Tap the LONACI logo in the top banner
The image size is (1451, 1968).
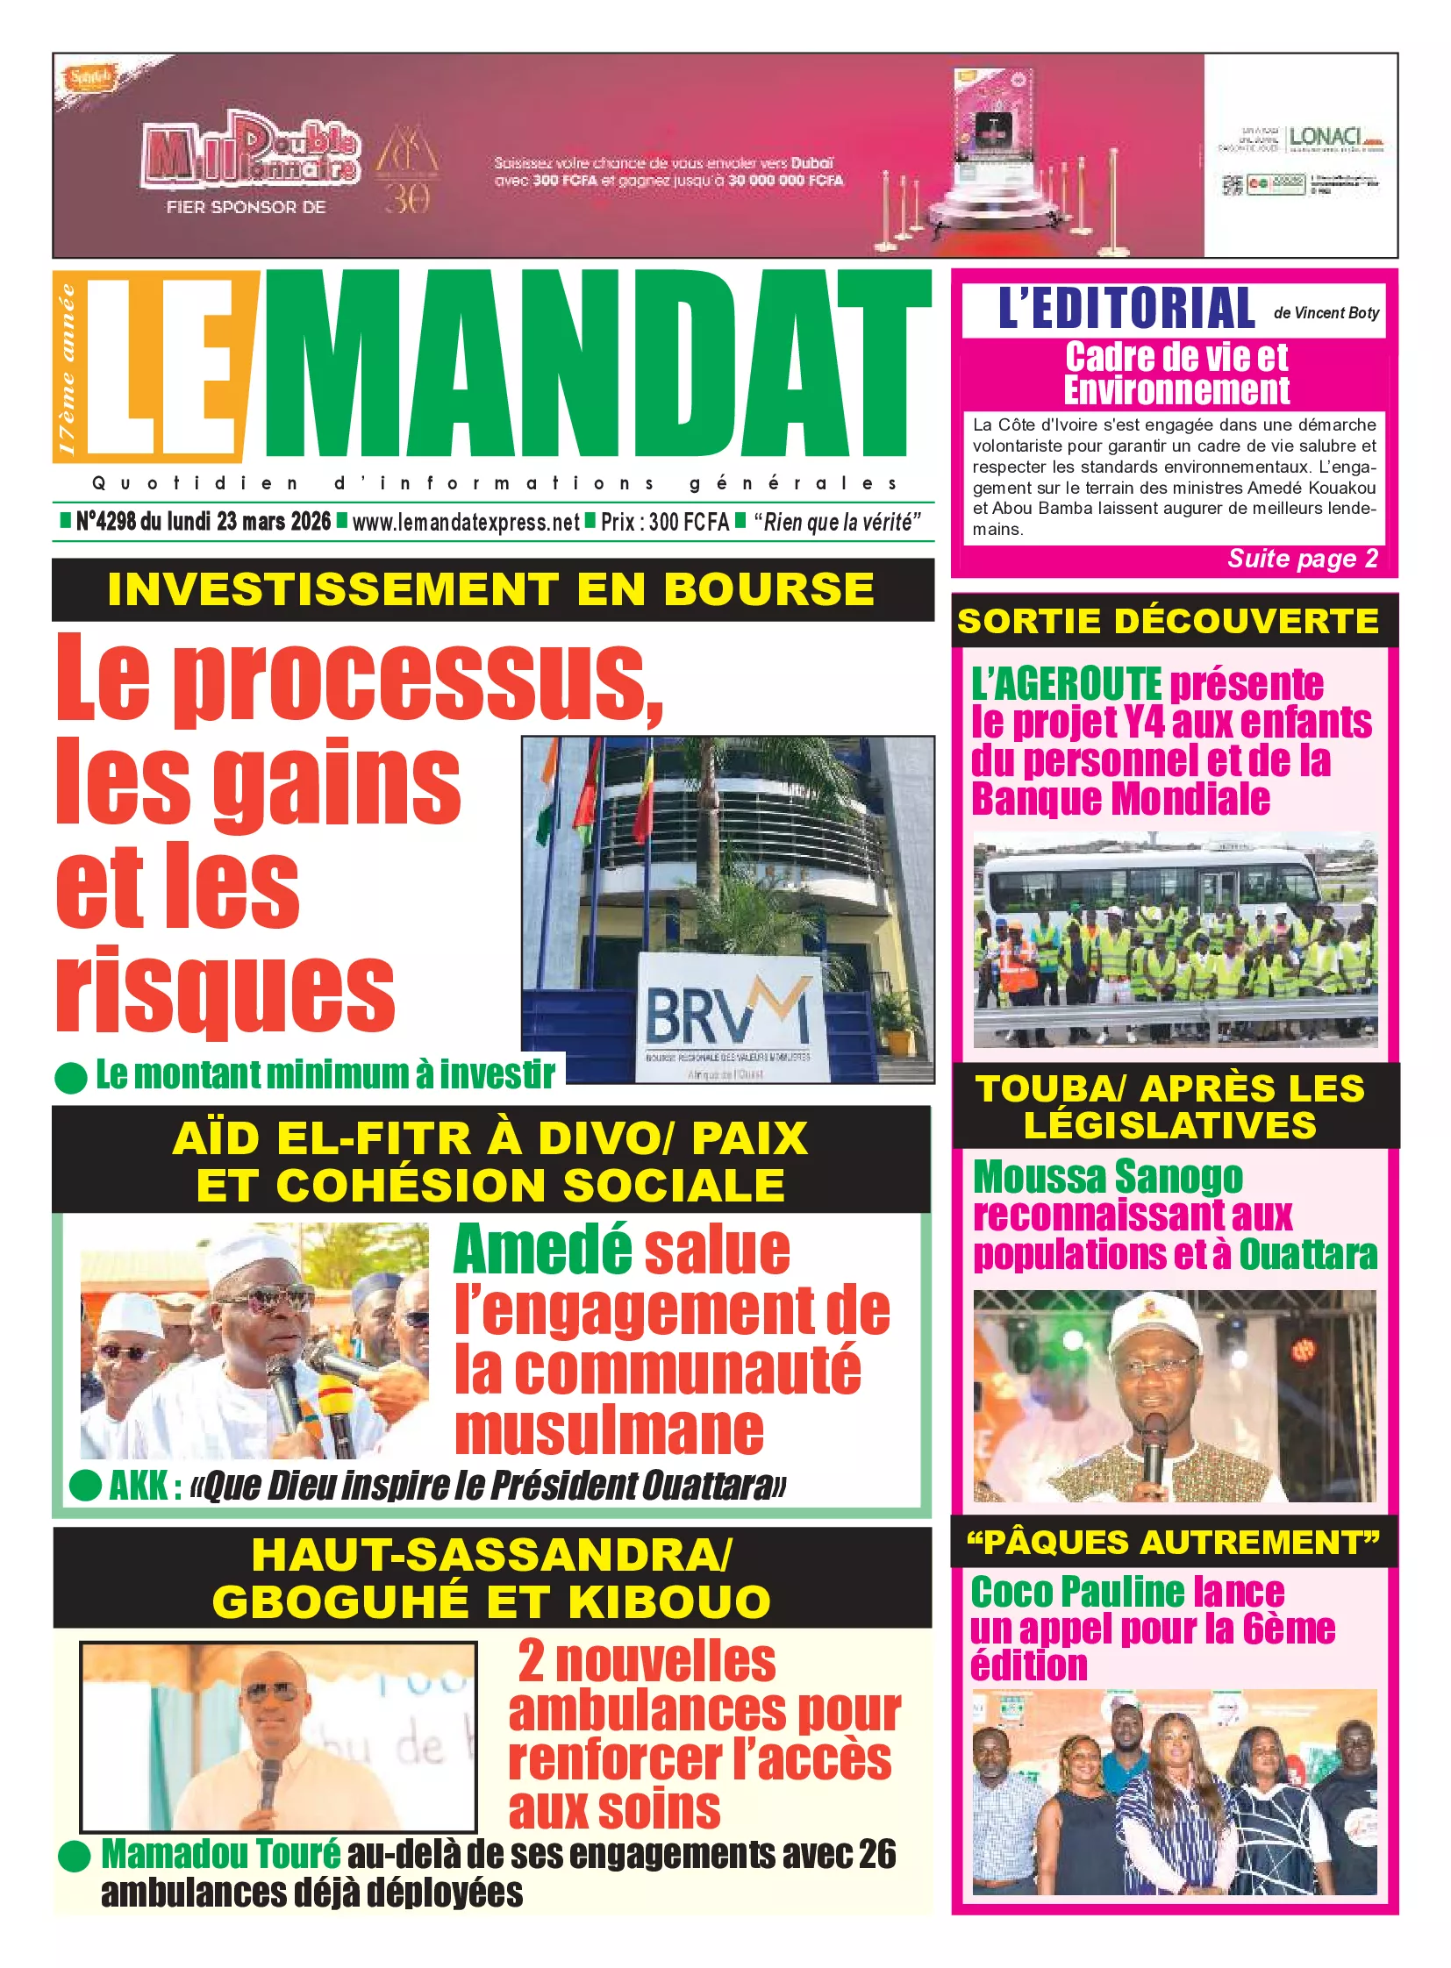[1326, 138]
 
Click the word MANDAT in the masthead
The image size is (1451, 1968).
[597, 365]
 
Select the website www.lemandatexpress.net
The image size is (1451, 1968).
[466, 523]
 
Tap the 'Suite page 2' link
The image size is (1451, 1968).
[1302, 559]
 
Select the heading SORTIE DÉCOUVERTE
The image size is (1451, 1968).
[1168, 622]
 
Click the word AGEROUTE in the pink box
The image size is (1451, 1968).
[1065, 684]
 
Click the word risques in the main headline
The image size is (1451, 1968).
[225, 991]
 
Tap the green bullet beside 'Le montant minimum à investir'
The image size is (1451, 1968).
[71, 1078]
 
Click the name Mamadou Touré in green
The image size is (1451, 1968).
[220, 1854]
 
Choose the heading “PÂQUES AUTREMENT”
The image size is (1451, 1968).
[1173, 1542]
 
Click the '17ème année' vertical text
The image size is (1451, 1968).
[68, 369]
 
